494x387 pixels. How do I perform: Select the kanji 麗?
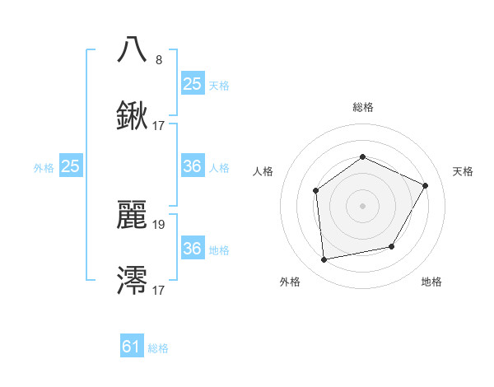tap(133, 214)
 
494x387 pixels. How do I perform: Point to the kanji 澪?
tap(133, 281)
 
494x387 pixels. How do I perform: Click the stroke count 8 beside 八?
tap(159, 59)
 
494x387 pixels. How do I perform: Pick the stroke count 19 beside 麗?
tap(160, 224)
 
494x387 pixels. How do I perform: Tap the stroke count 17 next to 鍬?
tap(160, 127)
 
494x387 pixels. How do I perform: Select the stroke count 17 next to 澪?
tap(160, 291)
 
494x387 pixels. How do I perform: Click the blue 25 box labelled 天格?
tap(192, 84)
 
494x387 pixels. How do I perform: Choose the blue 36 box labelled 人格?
tap(192, 166)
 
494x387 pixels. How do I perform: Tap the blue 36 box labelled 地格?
tap(192, 249)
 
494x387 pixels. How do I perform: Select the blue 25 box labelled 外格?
tap(71, 166)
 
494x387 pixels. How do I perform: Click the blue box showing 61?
tap(132, 347)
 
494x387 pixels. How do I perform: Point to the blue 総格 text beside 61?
tap(159, 348)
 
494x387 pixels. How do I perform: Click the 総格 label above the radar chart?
tap(362, 107)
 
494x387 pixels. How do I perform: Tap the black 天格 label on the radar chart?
tap(463, 171)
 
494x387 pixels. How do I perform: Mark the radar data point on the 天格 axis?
tap(426, 185)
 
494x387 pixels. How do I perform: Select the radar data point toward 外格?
tap(324, 259)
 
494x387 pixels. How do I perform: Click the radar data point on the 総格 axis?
tap(362, 156)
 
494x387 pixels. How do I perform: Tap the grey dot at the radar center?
tap(362, 206)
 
